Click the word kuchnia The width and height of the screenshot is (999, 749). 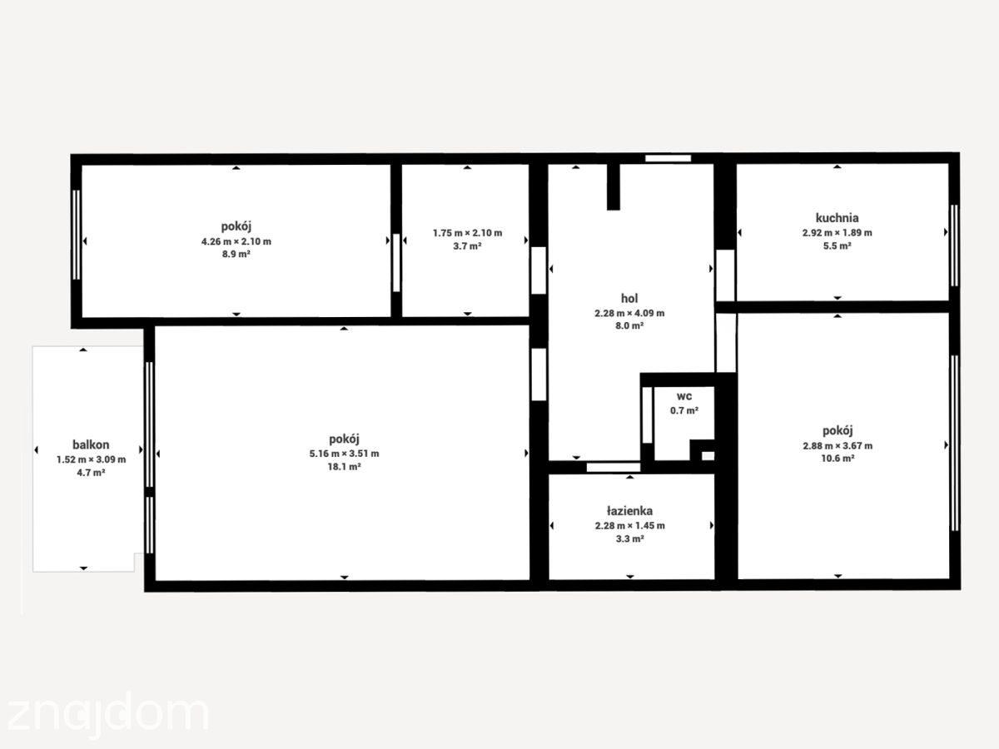pyautogui.click(x=837, y=218)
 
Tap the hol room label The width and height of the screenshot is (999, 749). pyautogui.click(x=629, y=298)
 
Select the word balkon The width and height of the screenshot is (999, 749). pyautogui.click(x=91, y=444)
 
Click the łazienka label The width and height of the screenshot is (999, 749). pyautogui.click(x=630, y=511)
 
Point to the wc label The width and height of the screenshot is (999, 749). pyautogui.click(x=684, y=396)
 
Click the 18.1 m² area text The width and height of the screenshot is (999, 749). pyautogui.click(x=344, y=467)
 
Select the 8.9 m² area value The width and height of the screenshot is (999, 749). pyautogui.click(x=236, y=254)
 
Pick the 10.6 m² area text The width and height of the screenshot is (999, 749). pyautogui.click(x=837, y=459)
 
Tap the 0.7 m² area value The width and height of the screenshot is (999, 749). pyautogui.click(x=684, y=410)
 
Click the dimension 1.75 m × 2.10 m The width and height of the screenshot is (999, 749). pyautogui.click(x=467, y=233)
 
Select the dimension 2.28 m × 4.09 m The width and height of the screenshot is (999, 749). pyautogui.click(x=629, y=314)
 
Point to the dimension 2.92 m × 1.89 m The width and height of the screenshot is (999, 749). pyautogui.click(x=837, y=233)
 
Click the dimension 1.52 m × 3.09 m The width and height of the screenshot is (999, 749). pyautogui.click(x=91, y=459)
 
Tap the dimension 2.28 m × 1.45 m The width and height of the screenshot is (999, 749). pyautogui.click(x=630, y=526)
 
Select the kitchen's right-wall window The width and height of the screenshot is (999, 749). pyautogui.click(x=954, y=246)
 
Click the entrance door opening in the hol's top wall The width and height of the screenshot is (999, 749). pyautogui.click(x=668, y=158)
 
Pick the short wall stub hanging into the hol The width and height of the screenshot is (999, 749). pyautogui.click(x=614, y=186)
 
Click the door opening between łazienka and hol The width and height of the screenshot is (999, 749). pyautogui.click(x=613, y=467)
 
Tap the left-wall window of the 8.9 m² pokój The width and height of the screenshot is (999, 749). pyautogui.click(x=77, y=235)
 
